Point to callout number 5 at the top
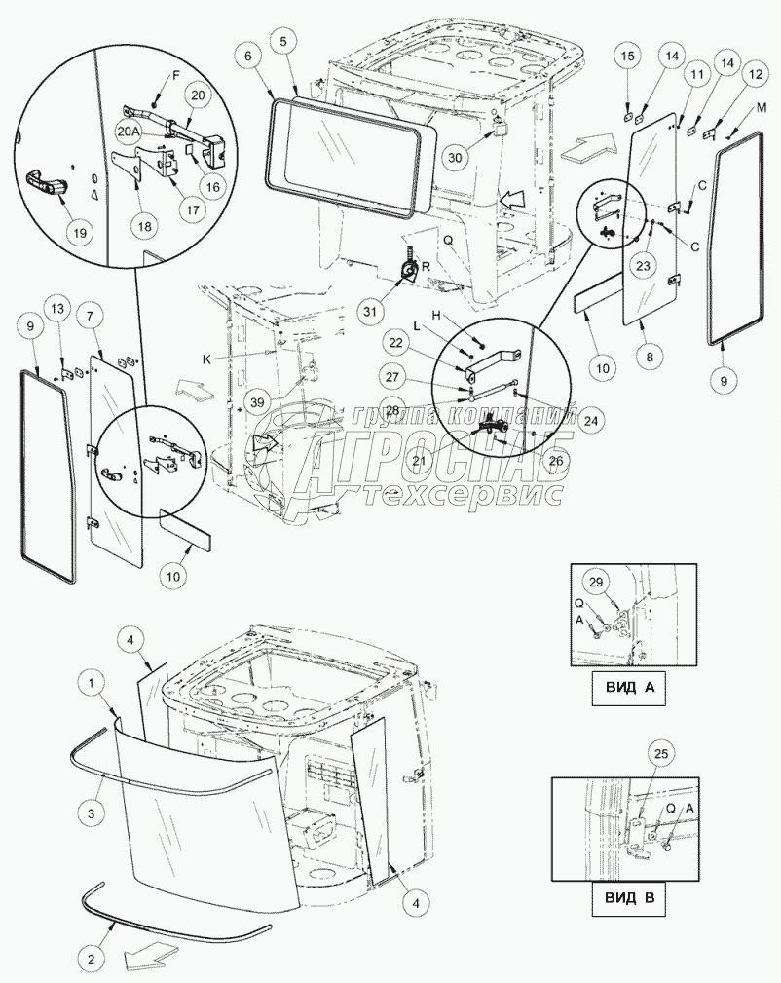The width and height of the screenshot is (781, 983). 282,41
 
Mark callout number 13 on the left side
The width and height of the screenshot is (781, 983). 56,310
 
